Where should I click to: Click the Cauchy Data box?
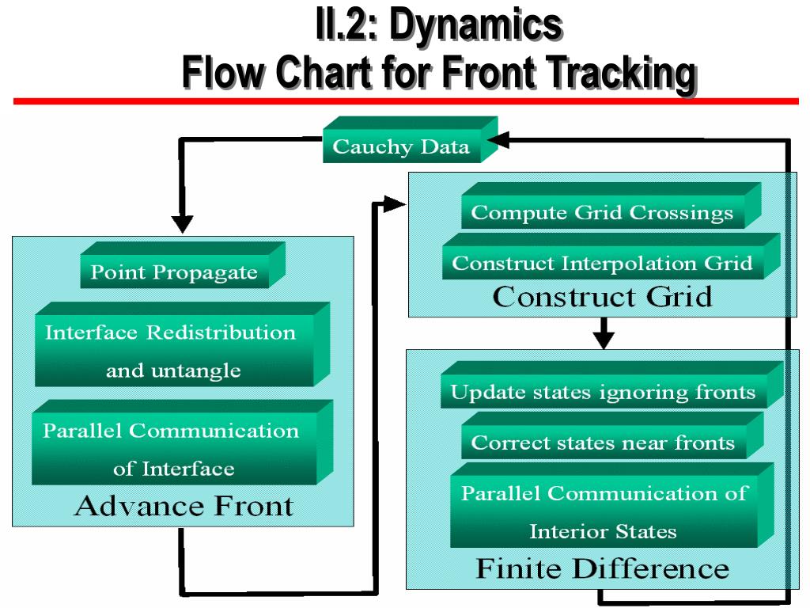coord(401,146)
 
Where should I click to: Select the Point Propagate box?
coord(174,272)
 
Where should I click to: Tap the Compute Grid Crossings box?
coord(602,212)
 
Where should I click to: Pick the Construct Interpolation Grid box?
coord(602,263)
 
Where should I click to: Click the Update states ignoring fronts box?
coord(603,392)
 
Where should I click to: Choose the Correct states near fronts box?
coord(603,443)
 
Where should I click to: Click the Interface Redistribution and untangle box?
coord(173,351)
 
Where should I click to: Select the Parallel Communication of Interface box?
coord(173,449)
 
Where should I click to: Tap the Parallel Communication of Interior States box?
coord(604,511)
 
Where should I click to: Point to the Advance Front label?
coord(184,506)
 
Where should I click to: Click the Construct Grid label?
coord(602,297)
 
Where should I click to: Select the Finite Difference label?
coord(602,568)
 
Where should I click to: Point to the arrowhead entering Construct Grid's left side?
coord(394,204)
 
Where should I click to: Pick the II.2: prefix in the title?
coord(347,25)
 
